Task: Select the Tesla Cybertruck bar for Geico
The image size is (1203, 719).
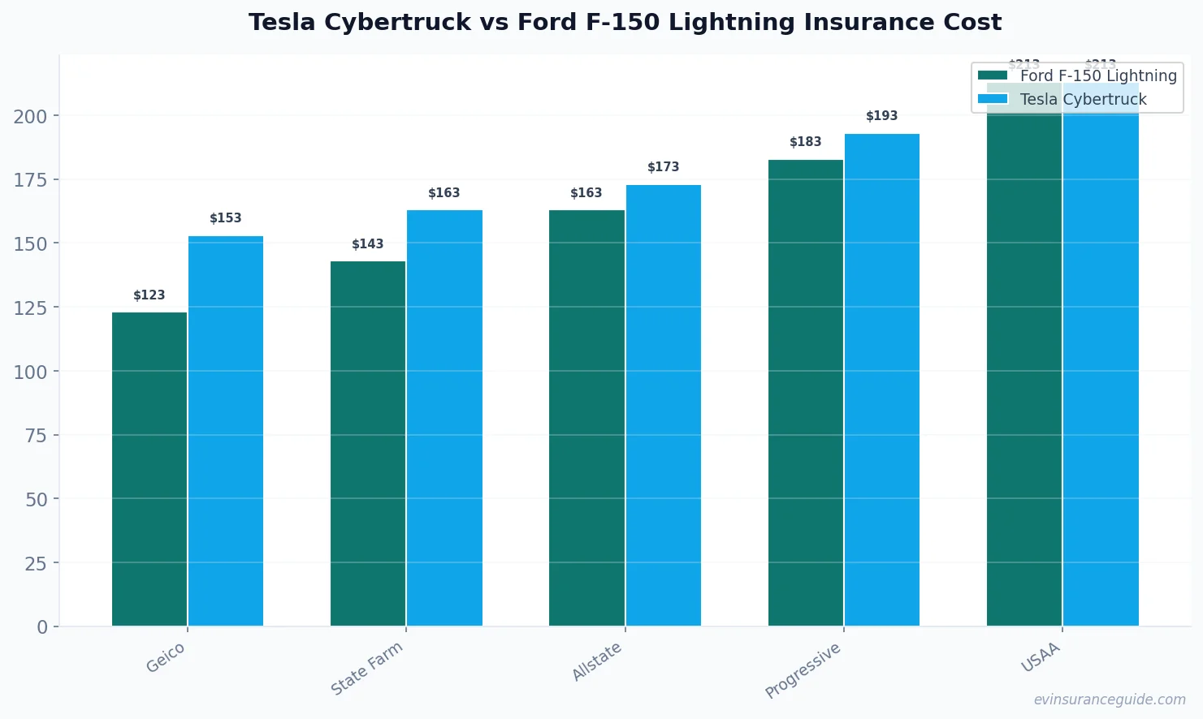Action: click(226, 431)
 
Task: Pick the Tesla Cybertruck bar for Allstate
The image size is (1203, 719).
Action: click(664, 406)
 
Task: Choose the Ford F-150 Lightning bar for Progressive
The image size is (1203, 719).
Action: click(806, 393)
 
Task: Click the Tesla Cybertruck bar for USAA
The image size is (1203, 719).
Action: click(1101, 365)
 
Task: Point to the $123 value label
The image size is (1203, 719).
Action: click(149, 295)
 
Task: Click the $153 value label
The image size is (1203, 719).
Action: click(226, 218)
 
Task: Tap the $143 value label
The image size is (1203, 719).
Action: click(368, 244)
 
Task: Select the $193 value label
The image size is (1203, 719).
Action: click(882, 116)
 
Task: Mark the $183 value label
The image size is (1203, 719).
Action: click(806, 142)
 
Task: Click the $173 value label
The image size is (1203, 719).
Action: click(664, 167)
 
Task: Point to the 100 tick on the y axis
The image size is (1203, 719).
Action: click(31, 372)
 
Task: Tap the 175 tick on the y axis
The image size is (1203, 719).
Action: click(31, 180)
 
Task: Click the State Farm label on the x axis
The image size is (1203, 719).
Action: click(367, 668)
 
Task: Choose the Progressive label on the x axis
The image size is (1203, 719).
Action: click(803, 670)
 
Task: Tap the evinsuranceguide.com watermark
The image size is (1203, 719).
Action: click(1110, 700)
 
